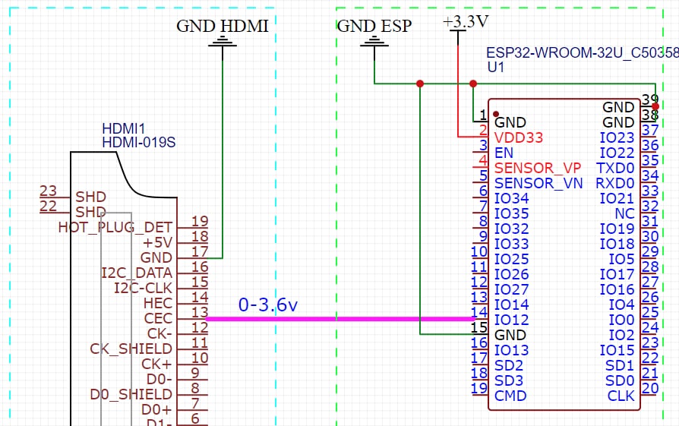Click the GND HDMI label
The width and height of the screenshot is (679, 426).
[x=223, y=26]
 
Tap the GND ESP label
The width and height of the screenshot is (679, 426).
[x=374, y=26]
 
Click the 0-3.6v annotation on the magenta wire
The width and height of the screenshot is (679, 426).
[x=268, y=305]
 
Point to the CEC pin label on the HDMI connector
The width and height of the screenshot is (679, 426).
[x=158, y=318]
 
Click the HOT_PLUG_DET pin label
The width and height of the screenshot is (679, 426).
[x=115, y=227]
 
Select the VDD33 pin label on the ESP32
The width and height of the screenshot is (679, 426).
[x=519, y=137]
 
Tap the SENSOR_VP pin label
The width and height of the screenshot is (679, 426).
[x=538, y=168]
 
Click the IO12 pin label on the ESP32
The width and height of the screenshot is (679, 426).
[x=511, y=320]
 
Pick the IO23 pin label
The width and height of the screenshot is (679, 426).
[x=617, y=137]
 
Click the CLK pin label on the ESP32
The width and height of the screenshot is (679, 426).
[x=621, y=396]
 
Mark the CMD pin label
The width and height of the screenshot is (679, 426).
[x=510, y=396]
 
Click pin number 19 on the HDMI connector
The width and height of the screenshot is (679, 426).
[x=200, y=222]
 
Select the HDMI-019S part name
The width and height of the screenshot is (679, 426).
[x=139, y=142]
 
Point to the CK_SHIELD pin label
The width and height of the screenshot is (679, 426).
[x=131, y=349]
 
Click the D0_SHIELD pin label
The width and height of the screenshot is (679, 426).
[x=131, y=394]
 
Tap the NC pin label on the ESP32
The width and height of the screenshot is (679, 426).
[x=625, y=213]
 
